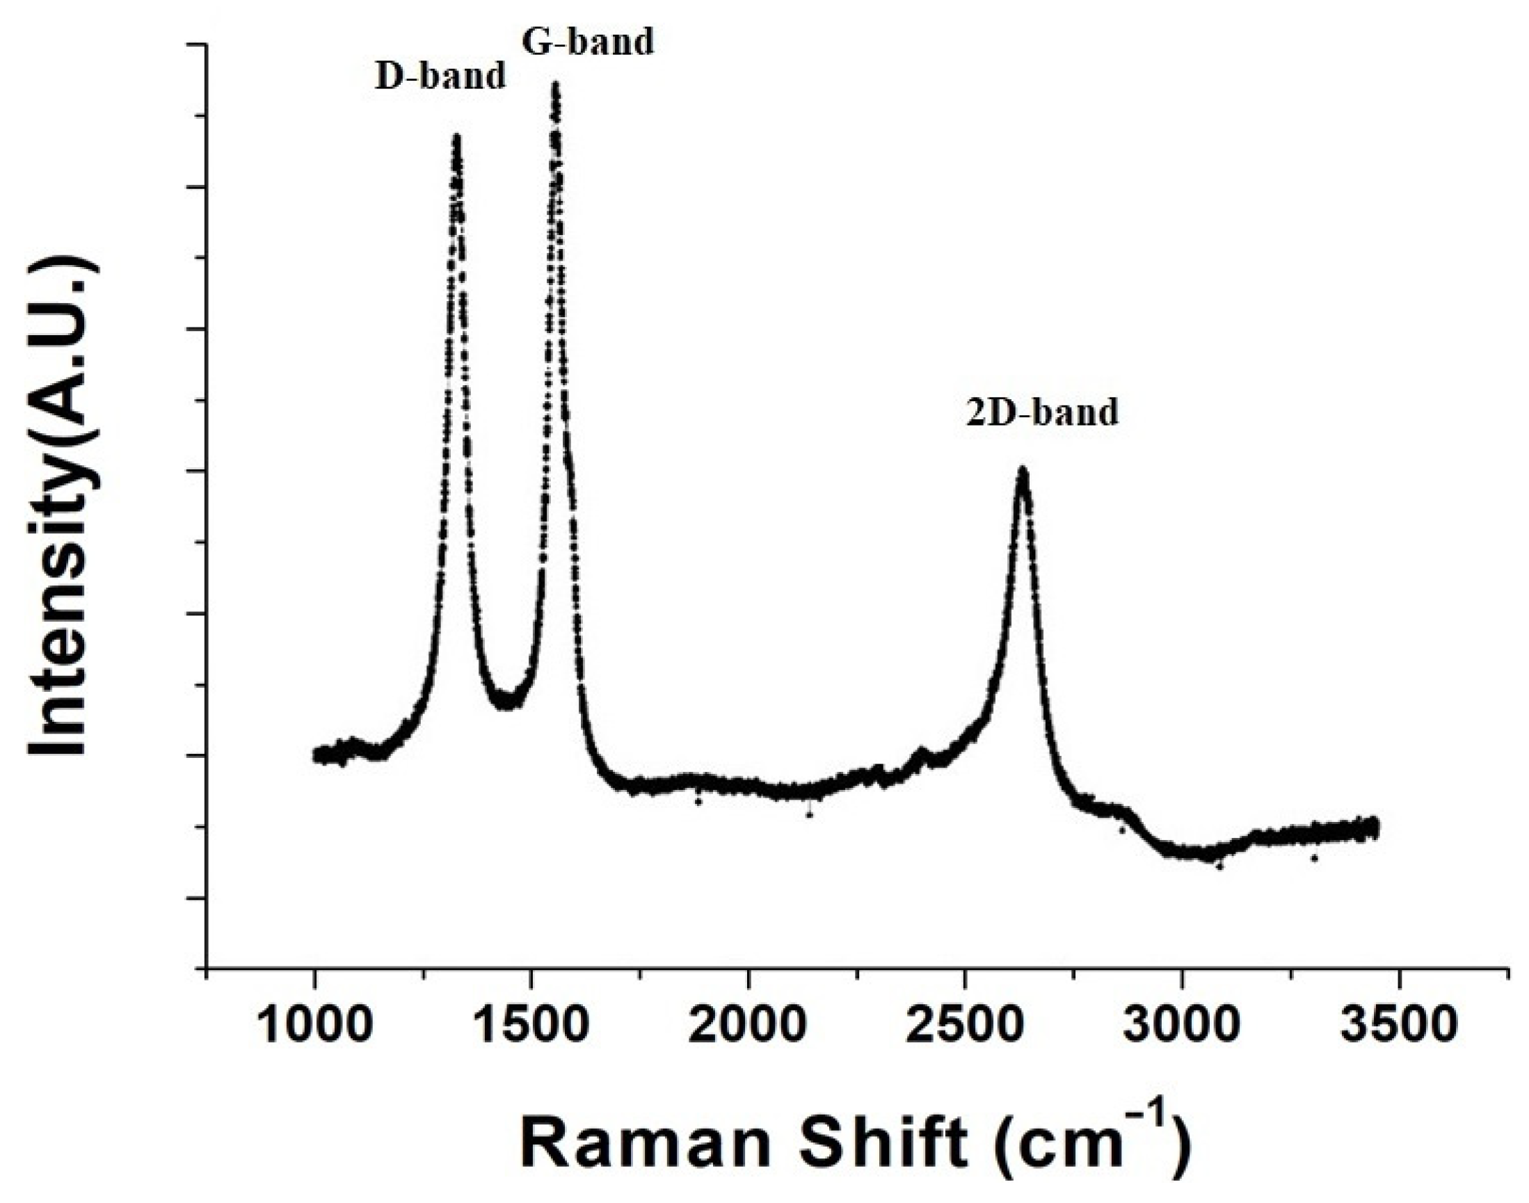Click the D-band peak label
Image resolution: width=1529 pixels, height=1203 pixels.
coord(440,76)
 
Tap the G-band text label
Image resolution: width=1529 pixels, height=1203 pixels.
coord(588,42)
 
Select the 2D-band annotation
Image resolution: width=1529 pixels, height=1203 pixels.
coord(1041,413)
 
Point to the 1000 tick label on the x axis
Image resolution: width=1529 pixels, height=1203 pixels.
coord(314,1027)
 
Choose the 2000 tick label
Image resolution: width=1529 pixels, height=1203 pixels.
coord(747,1027)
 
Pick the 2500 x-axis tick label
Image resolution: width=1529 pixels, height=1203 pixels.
coord(964,1027)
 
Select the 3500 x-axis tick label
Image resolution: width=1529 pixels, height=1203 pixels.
coord(1398,1027)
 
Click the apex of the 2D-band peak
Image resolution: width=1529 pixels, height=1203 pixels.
coord(1022,471)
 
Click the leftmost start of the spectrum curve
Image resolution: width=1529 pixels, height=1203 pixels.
coord(316,754)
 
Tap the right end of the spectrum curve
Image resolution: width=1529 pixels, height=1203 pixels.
coord(1374,827)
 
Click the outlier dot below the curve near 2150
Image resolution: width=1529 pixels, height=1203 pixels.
coord(810,815)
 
